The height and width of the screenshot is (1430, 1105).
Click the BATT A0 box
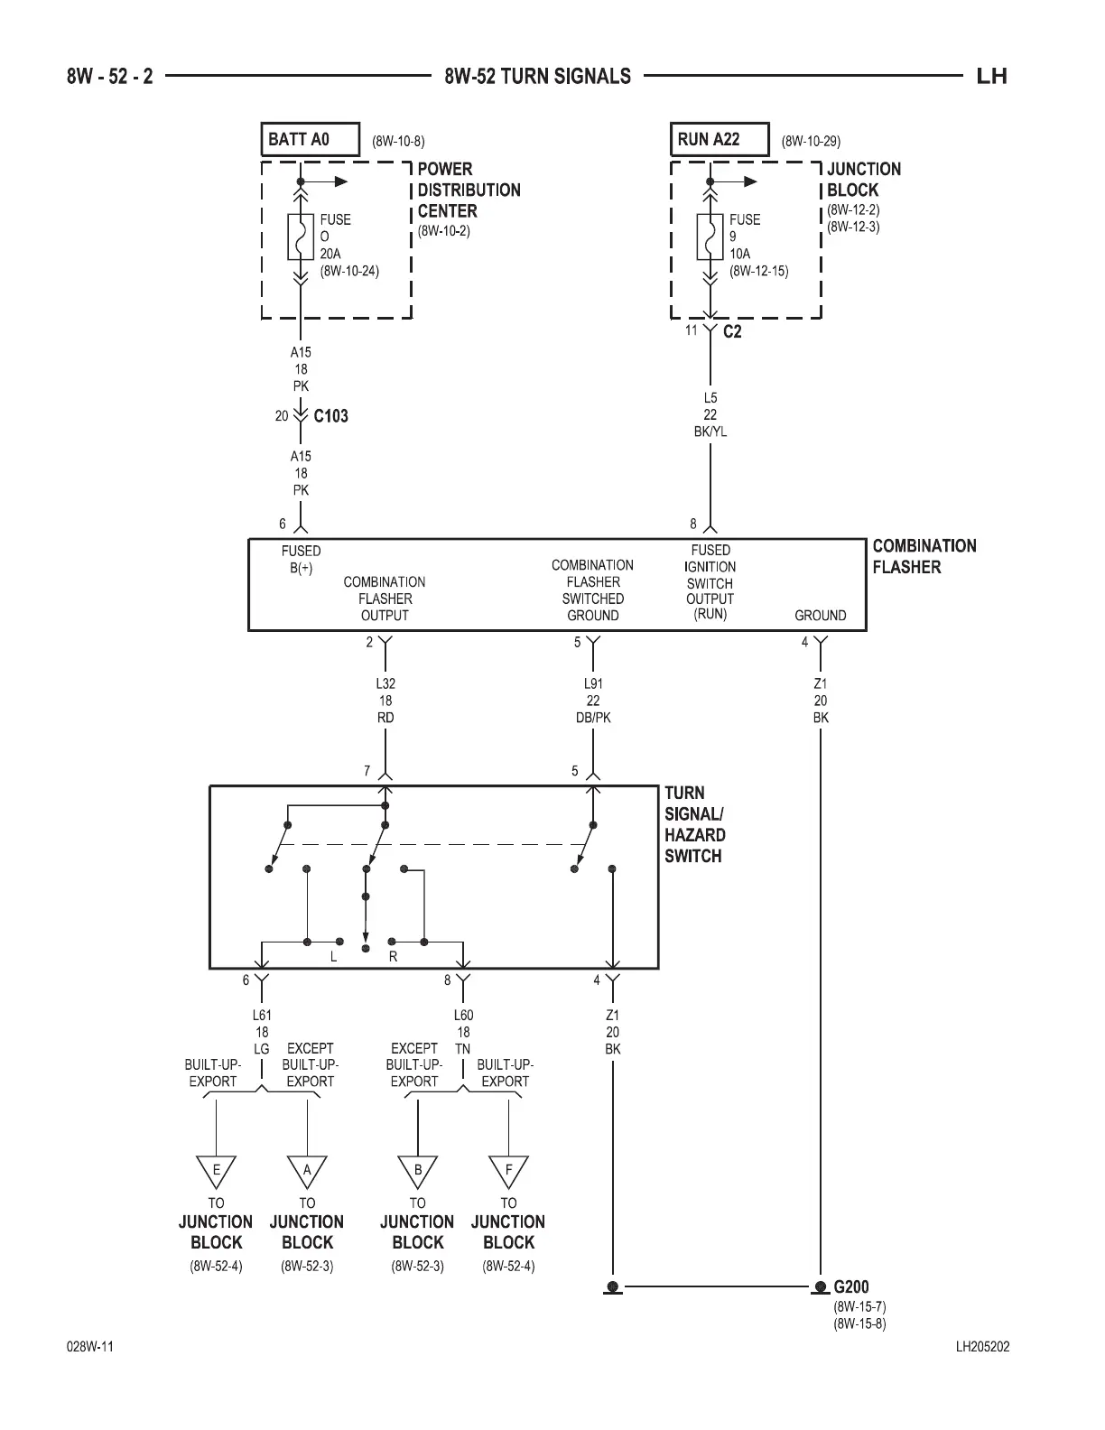[310, 139]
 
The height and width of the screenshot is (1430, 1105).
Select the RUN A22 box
[719, 139]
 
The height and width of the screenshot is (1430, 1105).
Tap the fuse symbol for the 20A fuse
[301, 237]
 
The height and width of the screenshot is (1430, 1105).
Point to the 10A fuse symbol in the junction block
[710, 237]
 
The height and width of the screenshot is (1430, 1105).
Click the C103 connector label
[330, 416]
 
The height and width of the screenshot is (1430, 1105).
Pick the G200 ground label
[851, 1286]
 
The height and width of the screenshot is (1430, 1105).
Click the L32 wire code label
[385, 684]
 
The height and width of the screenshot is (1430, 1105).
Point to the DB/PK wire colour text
[592, 718]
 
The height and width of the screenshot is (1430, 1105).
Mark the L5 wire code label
[710, 398]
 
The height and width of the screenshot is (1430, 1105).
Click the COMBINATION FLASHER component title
[924, 556]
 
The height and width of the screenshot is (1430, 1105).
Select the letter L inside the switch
[333, 957]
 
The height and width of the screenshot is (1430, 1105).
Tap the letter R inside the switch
[393, 957]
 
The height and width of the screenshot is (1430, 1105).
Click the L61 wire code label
[262, 1016]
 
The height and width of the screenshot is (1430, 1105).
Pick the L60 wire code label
[463, 1016]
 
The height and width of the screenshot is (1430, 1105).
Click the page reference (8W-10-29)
[811, 141]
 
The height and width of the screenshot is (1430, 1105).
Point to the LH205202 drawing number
[982, 1347]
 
